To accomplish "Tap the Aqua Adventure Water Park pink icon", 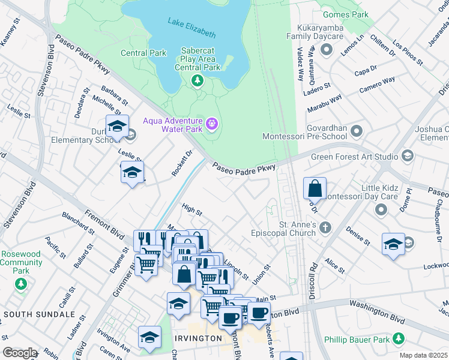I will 211,124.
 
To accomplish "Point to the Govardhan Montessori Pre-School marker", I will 357,130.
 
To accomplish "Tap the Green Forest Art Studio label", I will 354,157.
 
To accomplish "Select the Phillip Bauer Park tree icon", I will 397,339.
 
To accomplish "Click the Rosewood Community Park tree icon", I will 21,283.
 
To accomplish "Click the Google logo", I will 20,353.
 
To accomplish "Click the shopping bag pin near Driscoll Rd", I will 315,189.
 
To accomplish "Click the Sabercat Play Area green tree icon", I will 196,80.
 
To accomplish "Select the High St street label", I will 192,210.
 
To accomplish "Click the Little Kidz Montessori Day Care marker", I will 381,209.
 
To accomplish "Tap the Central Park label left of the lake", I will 143,53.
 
